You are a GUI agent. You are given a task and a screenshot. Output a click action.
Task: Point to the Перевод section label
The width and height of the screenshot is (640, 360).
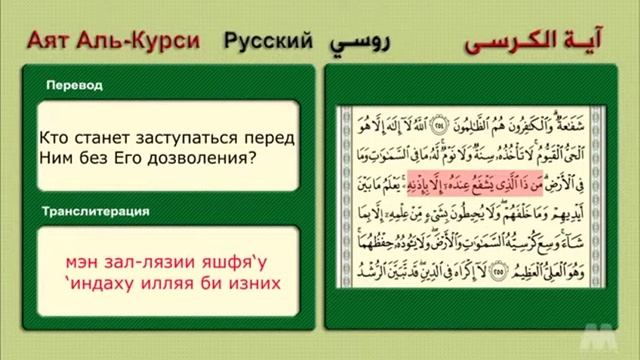74,86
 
